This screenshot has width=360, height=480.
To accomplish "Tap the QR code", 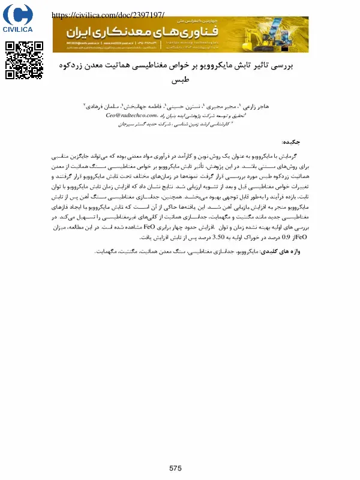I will tap(25, 60).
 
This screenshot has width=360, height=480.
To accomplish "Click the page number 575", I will tap(175, 468).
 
